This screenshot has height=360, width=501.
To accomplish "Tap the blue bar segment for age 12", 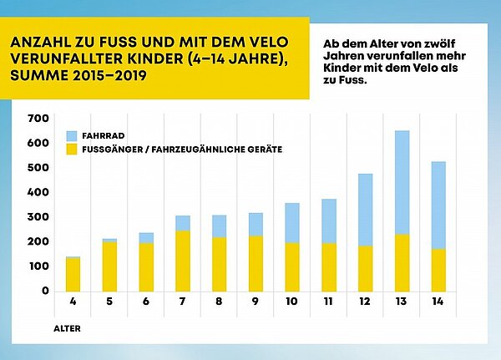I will pyautogui.click(x=365, y=210).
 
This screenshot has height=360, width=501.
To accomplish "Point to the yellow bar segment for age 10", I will pyautogui.click(x=292, y=266).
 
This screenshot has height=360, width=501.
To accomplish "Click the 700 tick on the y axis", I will pyautogui.click(x=38, y=119).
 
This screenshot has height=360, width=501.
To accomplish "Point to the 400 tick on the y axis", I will pyautogui.click(x=38, y=192).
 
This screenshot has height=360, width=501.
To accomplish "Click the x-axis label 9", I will pyautogui.click(x=255, y=300).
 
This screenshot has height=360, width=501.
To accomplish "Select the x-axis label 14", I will pyautogui.click(x=437, y=300).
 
